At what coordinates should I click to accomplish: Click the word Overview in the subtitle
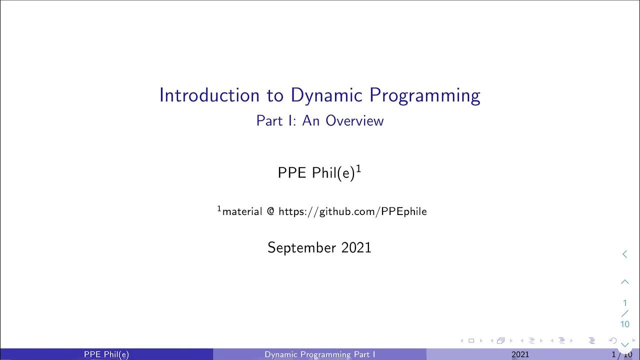tap(354, 121)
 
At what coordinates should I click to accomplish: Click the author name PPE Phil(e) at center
tap(316, 173)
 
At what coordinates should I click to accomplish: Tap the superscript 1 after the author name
tap(358, 169)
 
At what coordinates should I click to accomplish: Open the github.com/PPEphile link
tap(352, 211)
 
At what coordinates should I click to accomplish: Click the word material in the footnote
tap(242, 211)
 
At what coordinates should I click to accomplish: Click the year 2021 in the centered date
tap(356, 247)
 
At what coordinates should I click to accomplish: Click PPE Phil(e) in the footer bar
tap(106, 354)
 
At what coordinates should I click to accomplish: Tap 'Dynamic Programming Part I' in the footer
tap(320, 354)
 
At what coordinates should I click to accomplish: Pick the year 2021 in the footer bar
tap(520, 354)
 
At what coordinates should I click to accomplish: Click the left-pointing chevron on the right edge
tap(624, 254)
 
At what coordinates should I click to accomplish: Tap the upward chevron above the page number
tap(625, 282)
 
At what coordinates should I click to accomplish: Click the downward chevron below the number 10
tap(625, 344)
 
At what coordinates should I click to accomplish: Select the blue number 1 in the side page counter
tap(625, 303)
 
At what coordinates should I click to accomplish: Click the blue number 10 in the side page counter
tap(625, 324)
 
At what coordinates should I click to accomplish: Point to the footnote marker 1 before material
tap(219, 208)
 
